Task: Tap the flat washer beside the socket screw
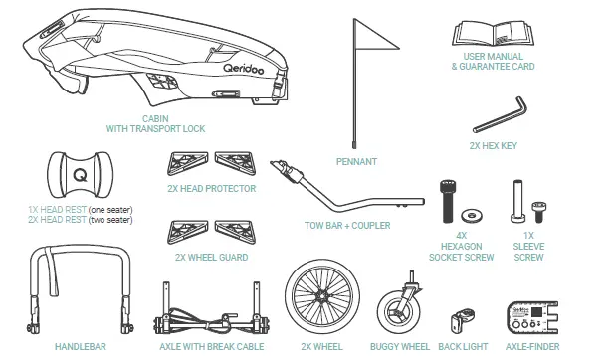point(471,213)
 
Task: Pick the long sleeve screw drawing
point(515,202)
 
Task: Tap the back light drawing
point(461,319)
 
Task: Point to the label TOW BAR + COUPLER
point(346,226)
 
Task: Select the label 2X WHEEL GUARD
point(212,258)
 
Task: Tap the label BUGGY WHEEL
point(400,347)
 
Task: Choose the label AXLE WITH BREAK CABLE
point(210,347)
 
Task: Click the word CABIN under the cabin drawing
point(156,118)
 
